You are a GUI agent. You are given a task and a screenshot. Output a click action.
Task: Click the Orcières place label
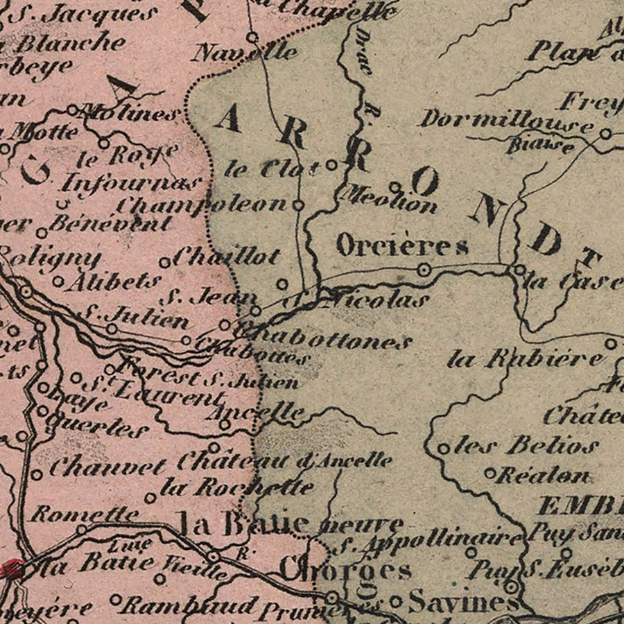402,245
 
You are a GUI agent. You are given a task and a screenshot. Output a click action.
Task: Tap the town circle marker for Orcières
424,270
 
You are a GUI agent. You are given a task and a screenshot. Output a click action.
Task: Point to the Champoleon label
201,205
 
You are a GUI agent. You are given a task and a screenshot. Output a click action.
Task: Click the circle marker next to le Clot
331,165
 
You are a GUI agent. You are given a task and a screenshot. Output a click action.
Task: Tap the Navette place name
245,52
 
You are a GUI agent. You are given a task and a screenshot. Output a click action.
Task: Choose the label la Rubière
526,359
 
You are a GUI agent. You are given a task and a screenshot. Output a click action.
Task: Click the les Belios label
526,446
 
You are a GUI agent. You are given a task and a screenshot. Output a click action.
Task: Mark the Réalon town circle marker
489,474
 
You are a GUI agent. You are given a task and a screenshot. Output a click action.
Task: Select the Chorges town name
345,570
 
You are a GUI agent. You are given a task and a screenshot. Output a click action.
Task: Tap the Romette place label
85,514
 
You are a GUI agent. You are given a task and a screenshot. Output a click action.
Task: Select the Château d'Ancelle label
284,460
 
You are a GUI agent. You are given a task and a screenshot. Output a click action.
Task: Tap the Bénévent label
110,223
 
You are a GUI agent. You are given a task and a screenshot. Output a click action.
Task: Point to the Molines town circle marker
72,110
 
